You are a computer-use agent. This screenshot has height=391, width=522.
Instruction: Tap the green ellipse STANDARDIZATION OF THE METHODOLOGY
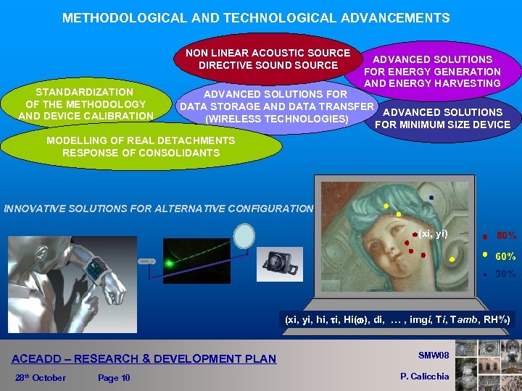coord(86,104)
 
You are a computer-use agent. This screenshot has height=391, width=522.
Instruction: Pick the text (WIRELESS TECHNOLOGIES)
coord(278,119)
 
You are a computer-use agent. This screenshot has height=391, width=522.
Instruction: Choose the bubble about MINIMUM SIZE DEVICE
coord(442,119)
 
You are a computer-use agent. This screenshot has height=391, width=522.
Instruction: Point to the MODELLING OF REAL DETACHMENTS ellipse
coord(141,146)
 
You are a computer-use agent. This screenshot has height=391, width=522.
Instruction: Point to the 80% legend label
coord(505,235)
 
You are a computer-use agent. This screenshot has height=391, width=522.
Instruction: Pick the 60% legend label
coord(505,256)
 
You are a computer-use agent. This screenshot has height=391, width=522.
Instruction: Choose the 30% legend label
coord(505,274)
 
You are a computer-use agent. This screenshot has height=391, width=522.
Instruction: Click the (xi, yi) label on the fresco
coord(433,233)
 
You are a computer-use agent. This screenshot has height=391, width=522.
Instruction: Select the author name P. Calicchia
coord(425,376)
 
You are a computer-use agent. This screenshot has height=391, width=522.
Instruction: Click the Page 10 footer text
coord(114,377)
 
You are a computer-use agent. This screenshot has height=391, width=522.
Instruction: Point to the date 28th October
coord(40,377)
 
